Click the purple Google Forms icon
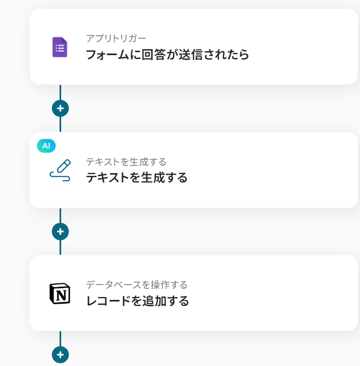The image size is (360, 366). click(60, 47)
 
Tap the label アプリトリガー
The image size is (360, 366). click(116, 39)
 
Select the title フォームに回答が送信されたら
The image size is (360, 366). click(168, 55)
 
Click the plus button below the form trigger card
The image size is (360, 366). click(60, 108)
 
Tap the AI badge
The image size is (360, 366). click(46, 146)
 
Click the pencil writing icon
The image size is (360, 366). click(60, 170)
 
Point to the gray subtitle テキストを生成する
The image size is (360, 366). click(126, 162)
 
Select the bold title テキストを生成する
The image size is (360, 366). click(137, 177)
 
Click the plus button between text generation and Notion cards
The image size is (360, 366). click(60, 232)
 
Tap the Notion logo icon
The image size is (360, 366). click(60, 294)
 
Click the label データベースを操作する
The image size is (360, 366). click(137, 285)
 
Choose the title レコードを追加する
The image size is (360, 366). click(137, 301)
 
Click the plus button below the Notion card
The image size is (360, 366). click(60, 355)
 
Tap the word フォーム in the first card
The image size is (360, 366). click(108, 55)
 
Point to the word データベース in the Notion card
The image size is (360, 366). click(114, 285)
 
